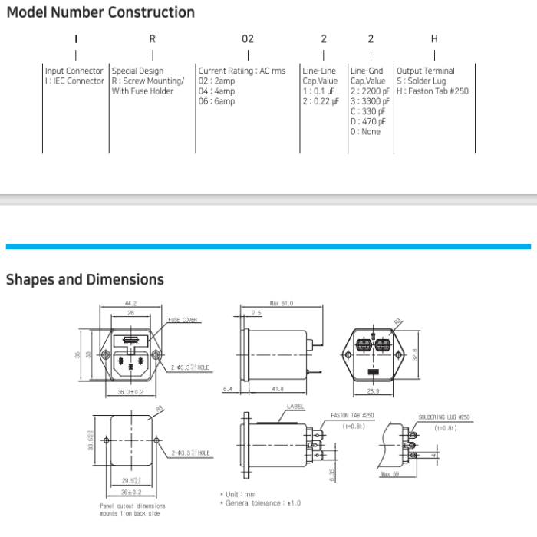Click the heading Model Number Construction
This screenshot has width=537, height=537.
(100, 12)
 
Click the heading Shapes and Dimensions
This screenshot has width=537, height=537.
(85, 279)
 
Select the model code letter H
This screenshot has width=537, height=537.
(434, 38)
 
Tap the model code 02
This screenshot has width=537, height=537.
(247, 38)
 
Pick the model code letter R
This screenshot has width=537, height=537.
(153, 38)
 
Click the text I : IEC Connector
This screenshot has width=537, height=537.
(74, 81)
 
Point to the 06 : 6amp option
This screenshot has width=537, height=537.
(216, 101)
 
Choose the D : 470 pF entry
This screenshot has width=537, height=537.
(368, 121)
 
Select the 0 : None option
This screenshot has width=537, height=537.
(365, 132)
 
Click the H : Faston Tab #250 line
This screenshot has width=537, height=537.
(432, 91)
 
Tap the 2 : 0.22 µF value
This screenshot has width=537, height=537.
(320, 101)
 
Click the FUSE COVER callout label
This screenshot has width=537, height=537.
(183, 320)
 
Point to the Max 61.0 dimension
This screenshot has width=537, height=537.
(282, 303)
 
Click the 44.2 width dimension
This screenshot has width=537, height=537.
(130, 303)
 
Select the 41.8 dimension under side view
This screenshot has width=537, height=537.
(275, 390)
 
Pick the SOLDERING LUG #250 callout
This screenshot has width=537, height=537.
(443, 417)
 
